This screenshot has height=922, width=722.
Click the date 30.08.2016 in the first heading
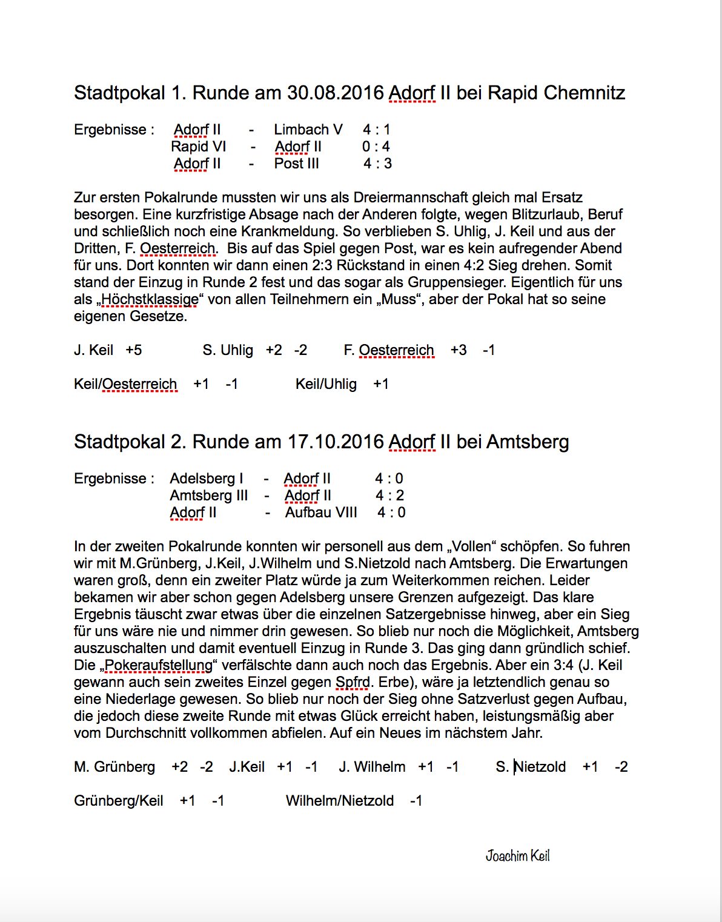(x=335, y=93)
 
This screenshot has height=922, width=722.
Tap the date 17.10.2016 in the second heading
(x=335, y=442)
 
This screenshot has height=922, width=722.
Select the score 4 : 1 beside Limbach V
(x=377, y=130)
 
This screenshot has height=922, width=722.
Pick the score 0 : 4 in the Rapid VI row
(x=376, y=147)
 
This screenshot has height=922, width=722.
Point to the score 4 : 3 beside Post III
(x=377, y=164)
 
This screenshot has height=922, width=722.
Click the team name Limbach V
(x=308, y=130)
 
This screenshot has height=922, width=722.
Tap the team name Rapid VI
(x=199, y=147)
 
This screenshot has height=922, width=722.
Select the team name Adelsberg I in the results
(x=206, y=479)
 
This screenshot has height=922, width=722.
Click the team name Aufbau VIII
(x=321, y=512)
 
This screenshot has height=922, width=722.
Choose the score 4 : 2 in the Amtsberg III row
(x=389, y=496)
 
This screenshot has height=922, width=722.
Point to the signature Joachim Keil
(x=517, y=855)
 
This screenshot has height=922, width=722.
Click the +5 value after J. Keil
(x=134, y=350)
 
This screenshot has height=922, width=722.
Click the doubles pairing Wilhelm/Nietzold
(x=339, y=801)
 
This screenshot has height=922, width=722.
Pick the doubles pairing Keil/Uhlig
(x=326, y=384)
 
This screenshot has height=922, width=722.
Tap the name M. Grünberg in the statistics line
(x=114, y=767)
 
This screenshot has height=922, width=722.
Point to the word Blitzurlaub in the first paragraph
(x=545, y=214)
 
